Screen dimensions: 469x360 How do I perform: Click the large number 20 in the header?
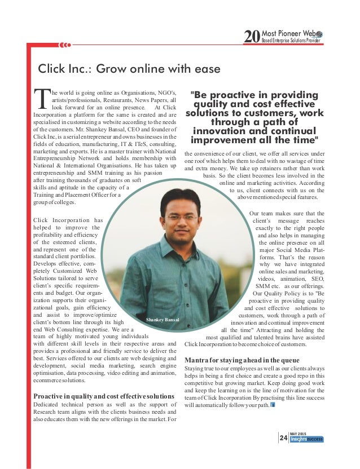251,38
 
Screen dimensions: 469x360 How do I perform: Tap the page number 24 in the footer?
283,437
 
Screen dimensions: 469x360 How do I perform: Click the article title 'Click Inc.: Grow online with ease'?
129,69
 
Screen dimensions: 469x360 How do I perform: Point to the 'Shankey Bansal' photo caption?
163,320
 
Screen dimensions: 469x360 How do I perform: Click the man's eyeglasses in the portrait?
181,217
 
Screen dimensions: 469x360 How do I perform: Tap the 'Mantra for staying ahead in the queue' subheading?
238,360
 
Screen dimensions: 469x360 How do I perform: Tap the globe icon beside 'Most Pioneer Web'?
319,34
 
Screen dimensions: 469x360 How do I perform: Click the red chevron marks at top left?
65,44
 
